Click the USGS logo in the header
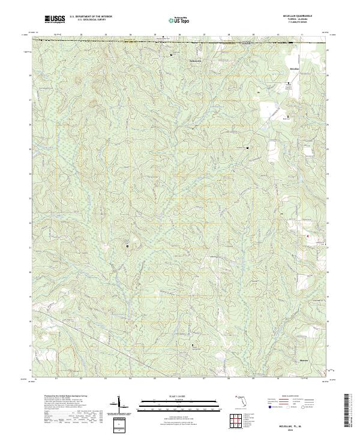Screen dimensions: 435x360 (55, 19)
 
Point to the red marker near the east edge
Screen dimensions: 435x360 (308, 236)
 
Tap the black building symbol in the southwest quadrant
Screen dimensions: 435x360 (127, 246)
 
